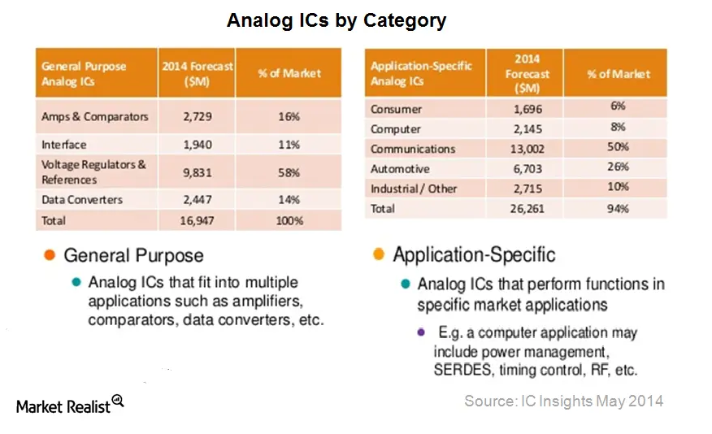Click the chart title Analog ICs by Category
pos(336,20)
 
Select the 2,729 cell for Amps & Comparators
pos(197,117)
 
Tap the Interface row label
pos(64,145)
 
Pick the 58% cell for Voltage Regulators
pos(289,172)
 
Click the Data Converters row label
pos(82,200)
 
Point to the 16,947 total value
pos(197,220)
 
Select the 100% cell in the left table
pos(289,220)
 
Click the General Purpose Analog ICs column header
pos(84,73)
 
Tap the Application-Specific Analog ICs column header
pos(421,73)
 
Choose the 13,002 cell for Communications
pos(527,149)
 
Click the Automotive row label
pos(400,169)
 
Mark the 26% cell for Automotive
pos(618,167)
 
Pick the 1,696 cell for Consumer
pos(527,109)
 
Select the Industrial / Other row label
pos(414,189)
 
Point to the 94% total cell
pos(618,208)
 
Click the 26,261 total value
pos(527,209)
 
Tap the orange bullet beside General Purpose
pos(50,254)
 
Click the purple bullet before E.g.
pos(421,332)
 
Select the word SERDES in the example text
pos(462,370)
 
